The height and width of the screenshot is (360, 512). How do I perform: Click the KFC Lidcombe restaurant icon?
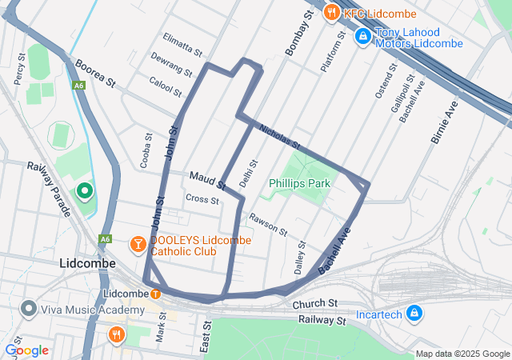[331, 13]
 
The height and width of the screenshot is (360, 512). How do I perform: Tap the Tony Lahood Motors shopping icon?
[362, 36]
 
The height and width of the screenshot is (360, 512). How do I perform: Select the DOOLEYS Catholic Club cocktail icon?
[138, 242]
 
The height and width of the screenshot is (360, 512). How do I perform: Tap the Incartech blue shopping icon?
[414, 313]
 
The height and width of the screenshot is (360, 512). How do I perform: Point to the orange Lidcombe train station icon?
[155, 293]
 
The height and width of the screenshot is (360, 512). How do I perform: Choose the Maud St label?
[207, 180]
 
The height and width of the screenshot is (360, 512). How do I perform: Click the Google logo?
[26, 350]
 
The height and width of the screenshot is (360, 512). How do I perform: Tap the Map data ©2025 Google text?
[462, 354]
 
